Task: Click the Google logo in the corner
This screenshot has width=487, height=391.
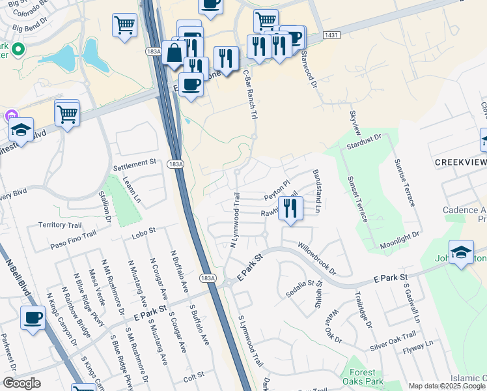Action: point(21,383)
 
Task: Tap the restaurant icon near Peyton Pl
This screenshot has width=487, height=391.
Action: point(290,209)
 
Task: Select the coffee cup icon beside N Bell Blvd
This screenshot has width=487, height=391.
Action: point(32,319)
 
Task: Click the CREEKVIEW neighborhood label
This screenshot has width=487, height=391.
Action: point(460,162)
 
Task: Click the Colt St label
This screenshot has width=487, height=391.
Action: point(194,375)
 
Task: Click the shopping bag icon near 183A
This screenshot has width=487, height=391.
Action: point(174,53)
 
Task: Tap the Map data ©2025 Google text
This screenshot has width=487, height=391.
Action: point(447,386)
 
